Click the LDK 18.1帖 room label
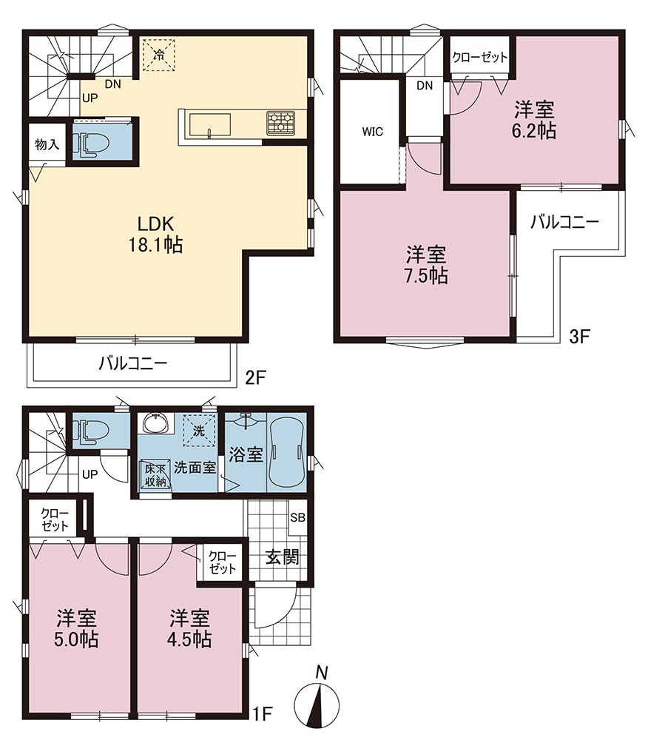(x=155, y=234)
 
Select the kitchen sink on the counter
(x=210, y=124)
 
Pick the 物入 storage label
(x=47, y=144)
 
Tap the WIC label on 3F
(x=373, y=132)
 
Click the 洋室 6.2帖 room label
(x=534, y=120)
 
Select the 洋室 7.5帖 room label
(x=426, y=265)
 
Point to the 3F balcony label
(x=564, y=222)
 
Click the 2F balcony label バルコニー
(x=133, y=363)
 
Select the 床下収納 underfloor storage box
(x=155, y=475)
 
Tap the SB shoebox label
(x=297, y=518)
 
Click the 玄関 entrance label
(x=282, y=557)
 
